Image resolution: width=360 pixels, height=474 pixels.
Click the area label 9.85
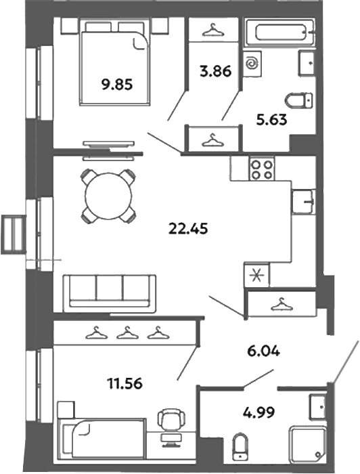(x=117, y=85)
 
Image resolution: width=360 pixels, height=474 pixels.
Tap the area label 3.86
(x=216, y=72)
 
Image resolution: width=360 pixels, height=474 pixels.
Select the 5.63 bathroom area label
(x=271, y=120)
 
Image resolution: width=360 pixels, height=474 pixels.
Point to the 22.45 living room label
(x=188, y=229)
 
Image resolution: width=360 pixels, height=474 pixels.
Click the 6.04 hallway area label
(x=264, y=351)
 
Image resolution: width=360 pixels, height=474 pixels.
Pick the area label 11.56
(x=125, y=384)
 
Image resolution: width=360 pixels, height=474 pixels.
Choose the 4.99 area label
(x=258, y=412)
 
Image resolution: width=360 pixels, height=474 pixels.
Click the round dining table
(x=108, y=196)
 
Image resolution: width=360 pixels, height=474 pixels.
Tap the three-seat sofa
(x=110, y=293)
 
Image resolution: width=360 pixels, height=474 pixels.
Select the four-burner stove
(x=262, y=169)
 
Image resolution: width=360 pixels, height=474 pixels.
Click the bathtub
(x=280, y=33)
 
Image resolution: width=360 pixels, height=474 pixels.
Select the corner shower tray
(x=308, y=444)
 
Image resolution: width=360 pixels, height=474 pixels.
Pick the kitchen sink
(x=304, y=202)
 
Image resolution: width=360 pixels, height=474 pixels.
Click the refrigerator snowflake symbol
(x=256, y=276)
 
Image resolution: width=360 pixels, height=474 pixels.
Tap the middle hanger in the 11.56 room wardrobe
(x=127, y=332)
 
